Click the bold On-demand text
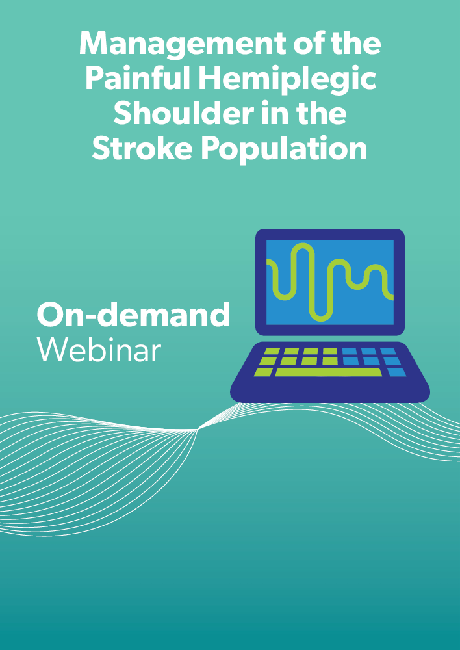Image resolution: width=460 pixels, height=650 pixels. (x=133, y=314)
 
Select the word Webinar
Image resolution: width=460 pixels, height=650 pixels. (x=99, y=351)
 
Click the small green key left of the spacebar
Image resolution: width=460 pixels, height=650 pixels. (x=264, y=372)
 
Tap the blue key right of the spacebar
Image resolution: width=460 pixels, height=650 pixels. (x=396, y=372)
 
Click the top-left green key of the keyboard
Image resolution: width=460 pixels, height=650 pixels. (x=271, y=351)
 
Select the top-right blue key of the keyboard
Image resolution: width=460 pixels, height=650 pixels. (x=388, y=351)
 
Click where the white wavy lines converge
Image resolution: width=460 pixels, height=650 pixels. (x=197, y=430)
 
